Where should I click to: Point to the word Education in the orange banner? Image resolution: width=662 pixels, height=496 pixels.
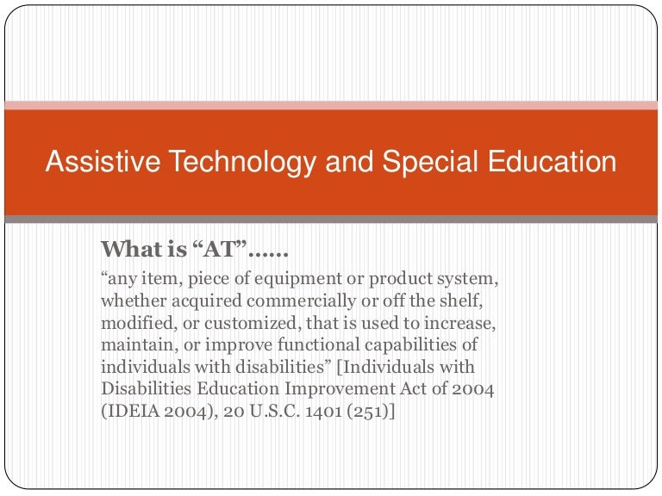click(x=555, y=162)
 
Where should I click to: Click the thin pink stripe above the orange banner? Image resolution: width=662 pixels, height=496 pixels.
click(x=331, y=105)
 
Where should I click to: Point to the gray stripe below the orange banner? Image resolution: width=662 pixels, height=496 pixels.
click(x=331, y=220)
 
